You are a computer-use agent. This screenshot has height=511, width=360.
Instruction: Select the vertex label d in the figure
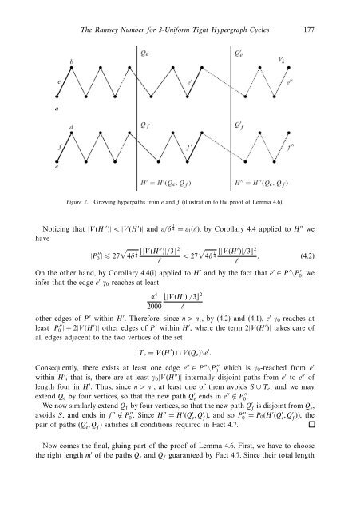tap(72, 127)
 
